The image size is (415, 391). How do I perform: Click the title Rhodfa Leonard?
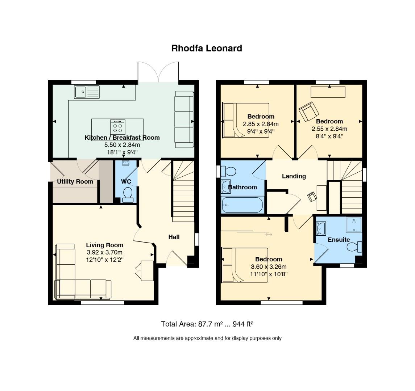coord(207,49)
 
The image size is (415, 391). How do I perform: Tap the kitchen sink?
coord(87,92)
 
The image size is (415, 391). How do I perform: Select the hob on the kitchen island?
coord(117,127)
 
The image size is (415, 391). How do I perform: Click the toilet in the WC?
coord(128,195)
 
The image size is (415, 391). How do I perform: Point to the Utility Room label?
coord(75,182)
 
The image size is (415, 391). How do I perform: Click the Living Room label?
coord(104,245)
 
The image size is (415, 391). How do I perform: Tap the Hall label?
coord(174,237)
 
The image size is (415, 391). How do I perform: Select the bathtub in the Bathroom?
coord(242,205)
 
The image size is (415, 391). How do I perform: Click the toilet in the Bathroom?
coord(228,171)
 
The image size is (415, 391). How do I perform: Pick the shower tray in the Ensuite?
coord(354,225)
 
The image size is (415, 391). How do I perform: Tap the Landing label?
coord(294,176)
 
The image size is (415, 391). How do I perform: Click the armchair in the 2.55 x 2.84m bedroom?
coord(308,111)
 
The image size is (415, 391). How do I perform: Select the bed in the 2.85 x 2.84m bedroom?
coord(246,120)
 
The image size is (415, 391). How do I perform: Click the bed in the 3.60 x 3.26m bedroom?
coord(245,265)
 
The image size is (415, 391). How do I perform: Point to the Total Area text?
coord(207,324)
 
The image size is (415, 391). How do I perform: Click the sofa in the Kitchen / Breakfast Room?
coord(184,119)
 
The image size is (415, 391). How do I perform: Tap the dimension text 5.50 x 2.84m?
coord(122,145)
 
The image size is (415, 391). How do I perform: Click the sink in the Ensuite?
coord(321,228)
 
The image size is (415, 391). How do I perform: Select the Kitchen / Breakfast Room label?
coord(122,138)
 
